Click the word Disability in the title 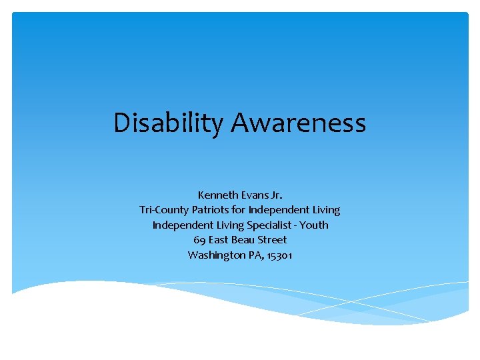click(169, 123)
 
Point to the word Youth click(315, 225)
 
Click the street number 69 click(199, 240)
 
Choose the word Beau click(246, 240)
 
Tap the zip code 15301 click(280, 255)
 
